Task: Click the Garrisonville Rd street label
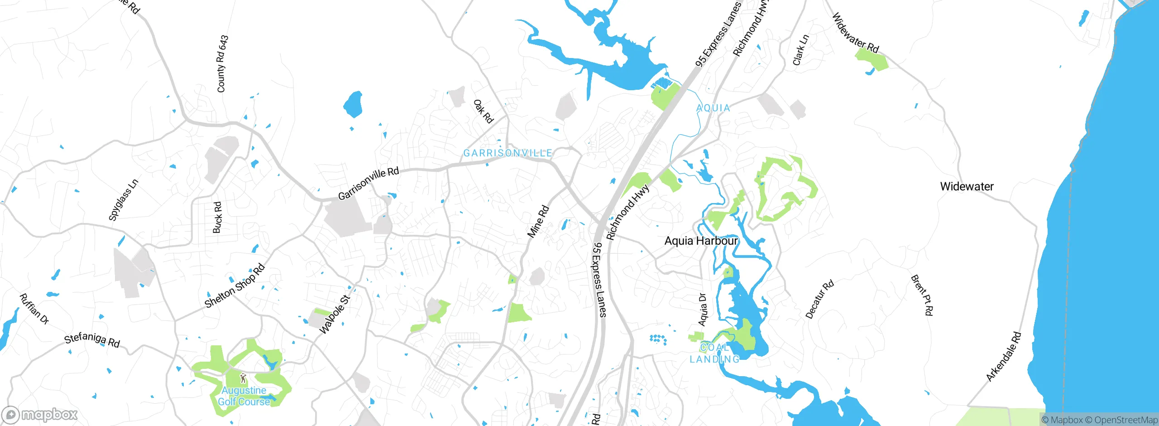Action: [x=369, y=183]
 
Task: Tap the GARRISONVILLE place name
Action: [x=508, y=153]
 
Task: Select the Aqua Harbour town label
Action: [x=701, y=241]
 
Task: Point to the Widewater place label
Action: [x=967, y=186]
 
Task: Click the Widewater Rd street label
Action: [x=855, y=33]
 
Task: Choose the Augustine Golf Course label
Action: [x=244, y=396]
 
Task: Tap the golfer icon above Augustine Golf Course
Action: [x=243, y=378]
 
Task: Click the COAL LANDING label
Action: [x=714, y=353]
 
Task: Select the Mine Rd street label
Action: [x=538, y=222]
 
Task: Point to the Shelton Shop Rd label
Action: [x=235, y=286]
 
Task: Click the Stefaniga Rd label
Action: [x=92, y=340]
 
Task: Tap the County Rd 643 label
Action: [x=222, y=64]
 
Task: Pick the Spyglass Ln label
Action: [x=123, y=200]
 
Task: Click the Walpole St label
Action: [x=335, y=315]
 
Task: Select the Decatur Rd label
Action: [x=819, y=299]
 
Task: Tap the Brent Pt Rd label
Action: [x=922, y=295]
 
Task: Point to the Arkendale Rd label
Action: [x=1004, y=357]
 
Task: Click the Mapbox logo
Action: [x=39, y=415]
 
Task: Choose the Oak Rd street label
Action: [x=483, y=111]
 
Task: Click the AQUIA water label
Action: [x=713, y=108]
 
